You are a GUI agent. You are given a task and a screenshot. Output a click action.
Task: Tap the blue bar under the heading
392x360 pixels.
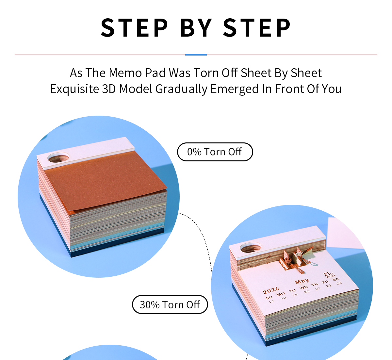pos(196,55)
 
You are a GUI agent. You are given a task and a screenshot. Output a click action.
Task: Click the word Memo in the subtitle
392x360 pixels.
pos(125,73)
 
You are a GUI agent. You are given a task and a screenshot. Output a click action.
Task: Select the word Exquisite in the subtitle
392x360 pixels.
pos(74,89)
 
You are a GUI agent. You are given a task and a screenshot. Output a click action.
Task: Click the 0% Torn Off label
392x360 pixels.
pos(215,152)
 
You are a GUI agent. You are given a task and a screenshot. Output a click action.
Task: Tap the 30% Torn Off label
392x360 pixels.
pos(170,304)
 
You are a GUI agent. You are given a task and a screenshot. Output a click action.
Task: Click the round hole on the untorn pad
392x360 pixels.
pos(58,158)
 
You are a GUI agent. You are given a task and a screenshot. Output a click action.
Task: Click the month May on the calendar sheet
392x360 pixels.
pos(302,281)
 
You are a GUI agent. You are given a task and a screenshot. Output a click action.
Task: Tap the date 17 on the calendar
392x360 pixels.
pos(271,302)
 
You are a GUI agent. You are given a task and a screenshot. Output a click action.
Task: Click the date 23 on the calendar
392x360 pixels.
pos(339,283)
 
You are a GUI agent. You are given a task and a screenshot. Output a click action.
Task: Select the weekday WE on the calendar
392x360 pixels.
pos(303,287)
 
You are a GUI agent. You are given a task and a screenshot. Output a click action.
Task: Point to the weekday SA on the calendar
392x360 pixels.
pos(336,279)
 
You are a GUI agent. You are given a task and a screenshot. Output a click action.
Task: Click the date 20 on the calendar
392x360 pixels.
pos(307,292)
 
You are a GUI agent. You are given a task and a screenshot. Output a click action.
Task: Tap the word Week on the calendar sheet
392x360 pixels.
pos(331,276)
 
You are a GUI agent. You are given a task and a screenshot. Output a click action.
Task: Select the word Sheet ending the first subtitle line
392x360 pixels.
pos(306,73)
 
